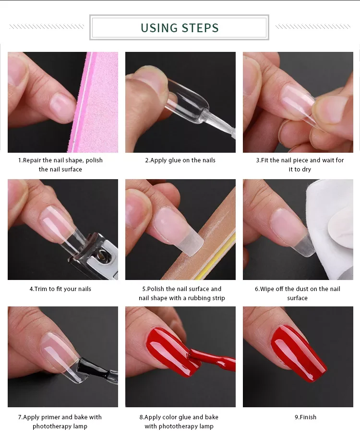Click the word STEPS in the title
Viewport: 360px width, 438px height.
pyautogui.click(x=200, y=28)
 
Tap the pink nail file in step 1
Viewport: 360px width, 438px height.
pyautogui.click(x=95, y=102)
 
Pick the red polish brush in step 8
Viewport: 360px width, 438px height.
pyautogui.click(x=212, y=358)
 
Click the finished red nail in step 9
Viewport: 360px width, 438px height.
pyautogui.click(x=299, y=353)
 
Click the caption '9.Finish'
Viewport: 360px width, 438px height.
pyautogui.click(x=306, y=417)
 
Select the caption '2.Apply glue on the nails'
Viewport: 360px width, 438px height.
pyautogui.click(x=180, y=160)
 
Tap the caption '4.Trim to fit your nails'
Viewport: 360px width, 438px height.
pyautogui.click(x=60, y=289)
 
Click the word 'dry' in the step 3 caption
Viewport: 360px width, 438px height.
pyautogui.click(x=306, y=170)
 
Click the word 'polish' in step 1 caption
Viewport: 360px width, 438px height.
pyautogui.click(x=94, y=160)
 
